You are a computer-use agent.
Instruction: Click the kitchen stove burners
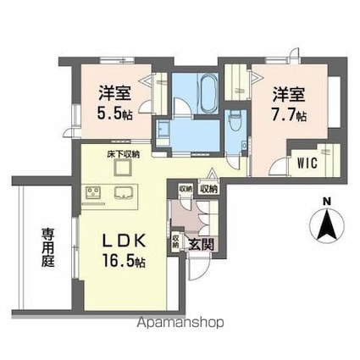click(92, 194)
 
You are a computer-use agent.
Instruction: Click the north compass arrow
click(326, 226)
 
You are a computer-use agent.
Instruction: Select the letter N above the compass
click(326, 202)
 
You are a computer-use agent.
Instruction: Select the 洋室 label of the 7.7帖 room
click(289, 92)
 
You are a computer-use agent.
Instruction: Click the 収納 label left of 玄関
click(176, 243)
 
